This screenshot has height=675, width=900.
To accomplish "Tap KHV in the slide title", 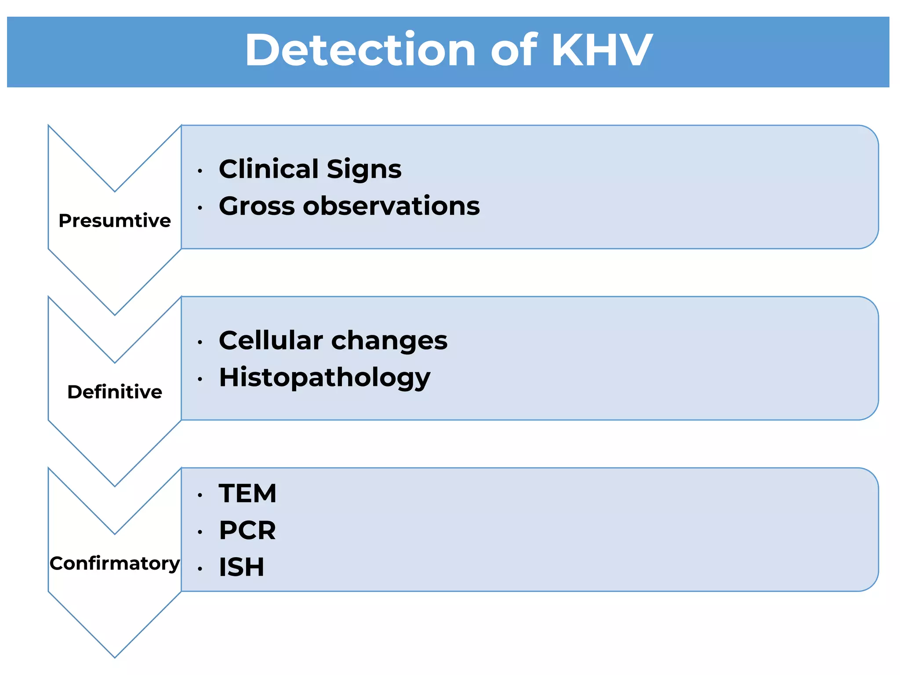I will [x=602, y=50].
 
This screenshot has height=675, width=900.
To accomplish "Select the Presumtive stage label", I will [x=115, y=221].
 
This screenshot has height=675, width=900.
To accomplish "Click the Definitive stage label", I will [x=115, y=392].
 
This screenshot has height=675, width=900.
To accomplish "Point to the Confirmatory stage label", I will [x=115, y=563].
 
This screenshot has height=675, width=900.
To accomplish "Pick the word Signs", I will [x=364, y=169].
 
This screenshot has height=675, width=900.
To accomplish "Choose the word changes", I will [x=389, y=341].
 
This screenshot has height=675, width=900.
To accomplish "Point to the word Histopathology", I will [x=325, y=378].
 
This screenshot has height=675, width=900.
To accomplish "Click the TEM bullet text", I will [x=247, y=493].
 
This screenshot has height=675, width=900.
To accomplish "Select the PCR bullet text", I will [x=247, y=530].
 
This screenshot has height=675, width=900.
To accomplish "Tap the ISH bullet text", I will [x=242, y=567].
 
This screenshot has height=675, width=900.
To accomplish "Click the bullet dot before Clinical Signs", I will [x=200, y=171].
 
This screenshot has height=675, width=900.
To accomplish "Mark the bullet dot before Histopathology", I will [x=200, y=379].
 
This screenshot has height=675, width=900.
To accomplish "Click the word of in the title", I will [x=513, y=50].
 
